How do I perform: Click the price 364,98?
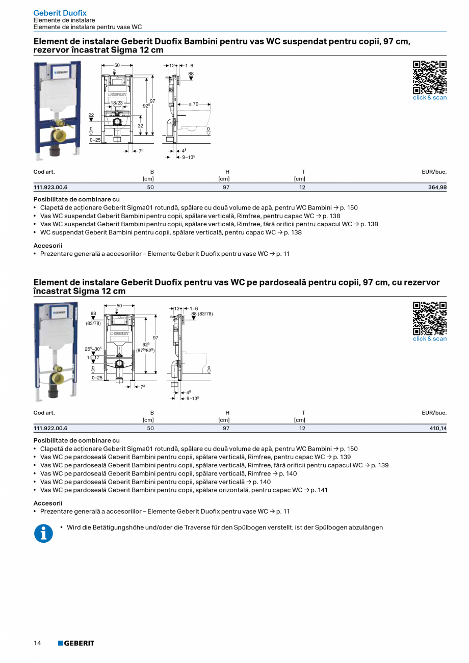(x=437, y=188)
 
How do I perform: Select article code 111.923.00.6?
(x=50, y=188)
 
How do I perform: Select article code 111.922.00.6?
(x=50, y=429)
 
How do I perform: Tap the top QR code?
(x=429, y=77)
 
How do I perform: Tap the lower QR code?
(x=429, y=319)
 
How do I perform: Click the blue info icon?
(x=43, y=534)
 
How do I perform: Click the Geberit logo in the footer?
(x=76, y=643)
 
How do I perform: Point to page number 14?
(x=37, y=643)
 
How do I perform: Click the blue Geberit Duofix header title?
(x=60, y=13)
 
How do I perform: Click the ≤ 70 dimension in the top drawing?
(x=194, y=104)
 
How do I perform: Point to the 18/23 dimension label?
(x=117, y=103)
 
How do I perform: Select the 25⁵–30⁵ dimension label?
(x=93, y=349)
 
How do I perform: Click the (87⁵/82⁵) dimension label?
(x=145, y=351)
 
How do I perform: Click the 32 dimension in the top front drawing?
(x=140, y=126)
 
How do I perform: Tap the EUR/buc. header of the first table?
(x=434, y=172)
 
